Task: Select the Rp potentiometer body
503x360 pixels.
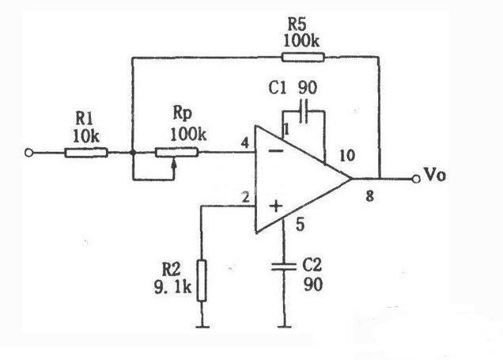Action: pyautogui.click(x=176, y=152)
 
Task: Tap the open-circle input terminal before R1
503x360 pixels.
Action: pyautogui.click(x=30, y=152)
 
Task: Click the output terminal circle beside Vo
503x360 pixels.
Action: pyautogui.click(x=417, y=178)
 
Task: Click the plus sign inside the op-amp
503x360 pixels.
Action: pyautogui.click(x=276, y=207)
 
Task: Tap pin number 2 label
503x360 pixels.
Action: pyautogui.click(x=246, y=198)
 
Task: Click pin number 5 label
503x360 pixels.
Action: pyautogui.click(x=300, y=224)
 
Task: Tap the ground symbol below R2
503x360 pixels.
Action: pyautogui.click(x=202, y=325)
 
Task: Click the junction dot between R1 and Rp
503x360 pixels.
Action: pyautogui.click(x=132, y=152)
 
